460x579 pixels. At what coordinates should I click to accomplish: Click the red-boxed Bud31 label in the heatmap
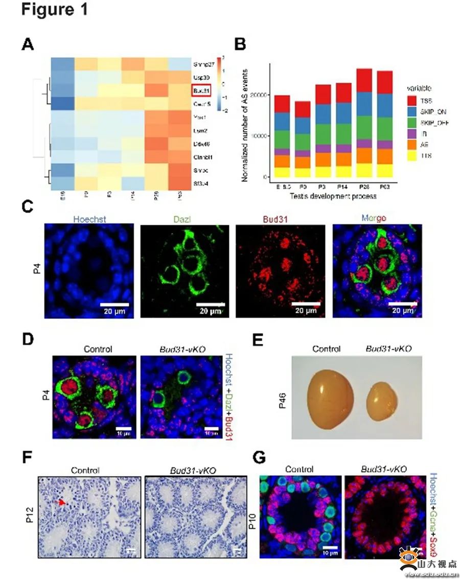coord(201,91)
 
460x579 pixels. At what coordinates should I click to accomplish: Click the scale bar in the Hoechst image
coord(114,304)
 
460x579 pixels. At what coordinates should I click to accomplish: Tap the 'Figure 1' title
coord(55,10)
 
